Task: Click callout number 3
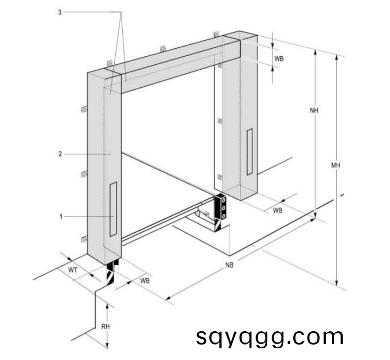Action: [x=60, y=12]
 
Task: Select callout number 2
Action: [x=60, y=154]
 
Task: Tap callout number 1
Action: [x=61, y=217]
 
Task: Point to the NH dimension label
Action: [x=313, y=110]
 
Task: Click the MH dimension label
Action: [x=335, y=165]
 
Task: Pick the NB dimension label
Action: [x=230, y=265]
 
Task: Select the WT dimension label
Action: [x=72, y=270]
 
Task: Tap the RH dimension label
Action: [x=105, y=326]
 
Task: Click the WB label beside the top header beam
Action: [x=279, y=58]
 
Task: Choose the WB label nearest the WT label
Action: [x=145, y=281]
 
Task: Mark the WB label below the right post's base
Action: [x=277, y=211]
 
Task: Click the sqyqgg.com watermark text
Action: [x=269, y=337]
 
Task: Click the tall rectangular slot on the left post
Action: [x=113, y=209]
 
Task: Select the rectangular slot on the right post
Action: [x=250, y=152]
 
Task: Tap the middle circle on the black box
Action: [x=224, y=208]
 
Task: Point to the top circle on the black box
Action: [x=224, y=200]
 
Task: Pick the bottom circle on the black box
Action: [x=223, y=216]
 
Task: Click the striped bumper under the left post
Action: [x=111, y=273]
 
